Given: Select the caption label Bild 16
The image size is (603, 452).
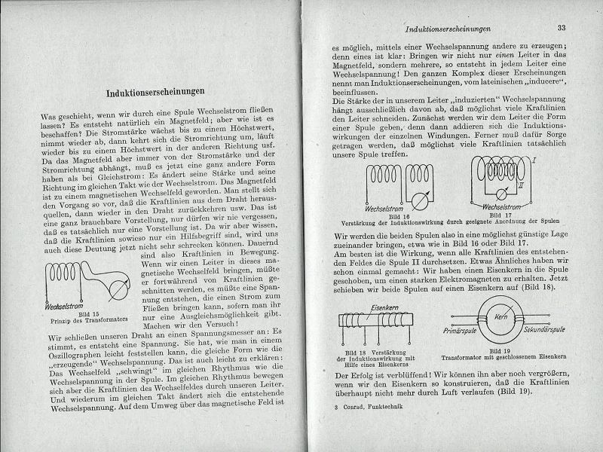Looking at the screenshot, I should pos(393,215).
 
